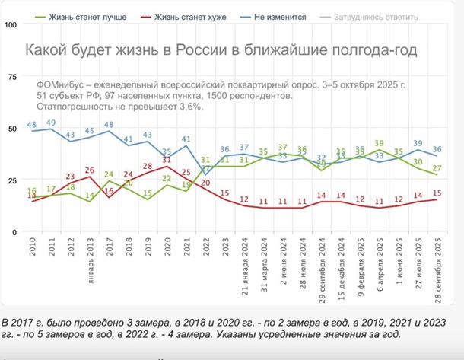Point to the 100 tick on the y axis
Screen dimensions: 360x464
pos(11,24)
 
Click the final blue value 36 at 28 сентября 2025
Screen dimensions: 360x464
pos(437,149)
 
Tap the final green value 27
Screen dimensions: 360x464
pos(437,167)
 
